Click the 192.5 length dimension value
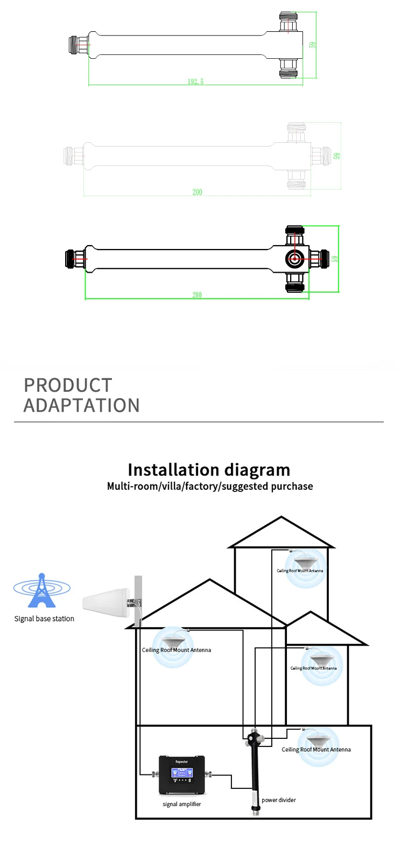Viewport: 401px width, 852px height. [195, 81]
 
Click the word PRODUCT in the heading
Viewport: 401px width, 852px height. [68, 385]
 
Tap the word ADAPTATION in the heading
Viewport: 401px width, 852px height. [82, 405]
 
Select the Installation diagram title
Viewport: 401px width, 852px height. [209, 469]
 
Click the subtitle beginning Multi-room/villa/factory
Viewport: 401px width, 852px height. [210, 486]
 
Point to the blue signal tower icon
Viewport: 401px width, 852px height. [41, 591]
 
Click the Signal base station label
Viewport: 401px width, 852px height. [44, 619]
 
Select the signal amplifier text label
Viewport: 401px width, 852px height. [182, 804]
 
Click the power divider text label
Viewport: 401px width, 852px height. [279, 800]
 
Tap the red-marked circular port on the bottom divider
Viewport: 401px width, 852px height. [294, 259]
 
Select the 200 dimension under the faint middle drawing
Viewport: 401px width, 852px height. [197, 192]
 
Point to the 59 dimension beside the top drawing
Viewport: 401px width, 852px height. [313, 45]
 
